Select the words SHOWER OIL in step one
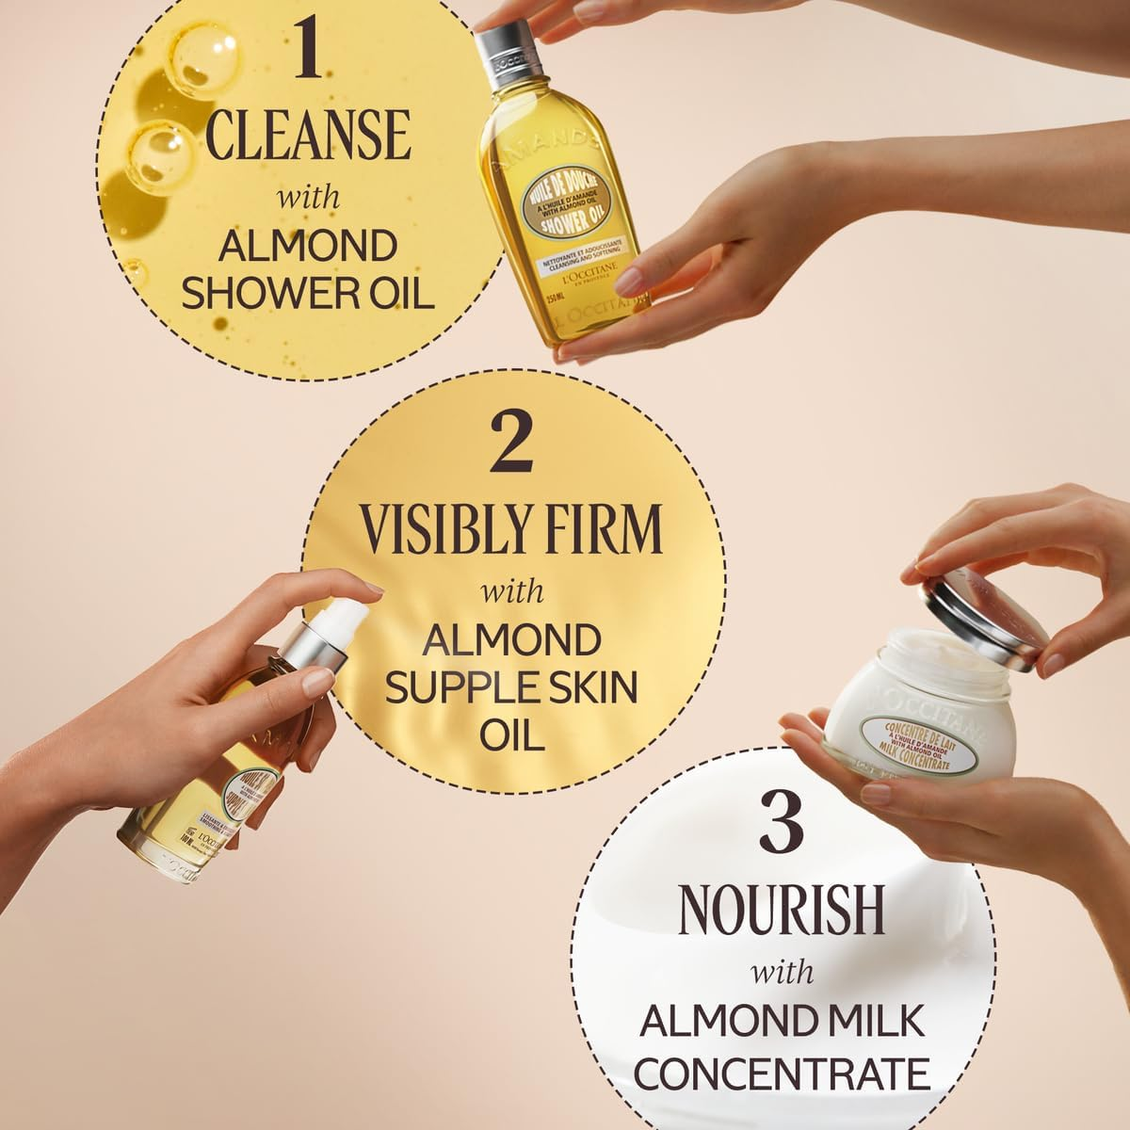307,292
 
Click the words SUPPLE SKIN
513,688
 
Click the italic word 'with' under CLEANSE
307,200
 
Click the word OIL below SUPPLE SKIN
513,734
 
